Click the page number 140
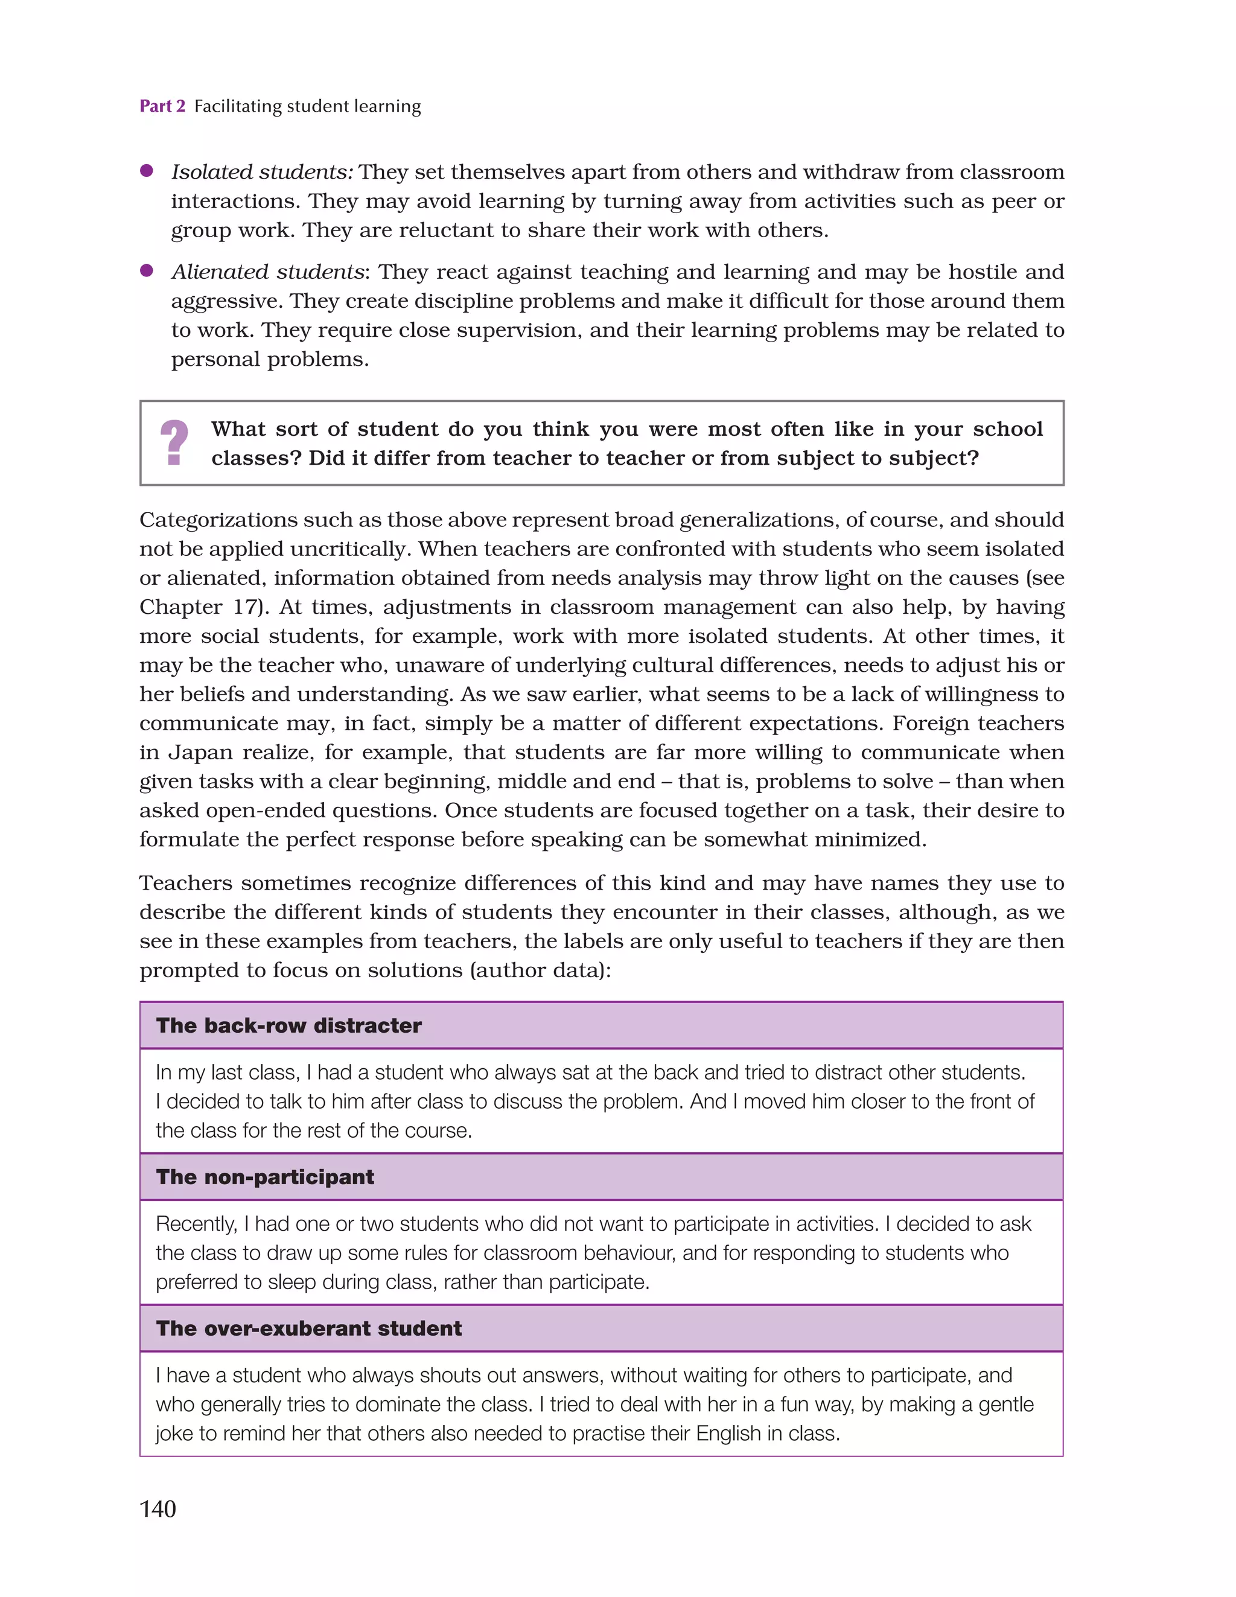coord(158,1508)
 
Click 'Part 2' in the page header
coord(162,106)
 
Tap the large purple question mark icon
coord(174,442)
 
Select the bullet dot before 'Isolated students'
coord(146,170)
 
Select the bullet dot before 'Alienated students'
coord(146,270)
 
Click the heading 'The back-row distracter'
coord(289,1025)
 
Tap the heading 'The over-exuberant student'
coord(308,1328)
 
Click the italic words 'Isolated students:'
coord(263,172)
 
